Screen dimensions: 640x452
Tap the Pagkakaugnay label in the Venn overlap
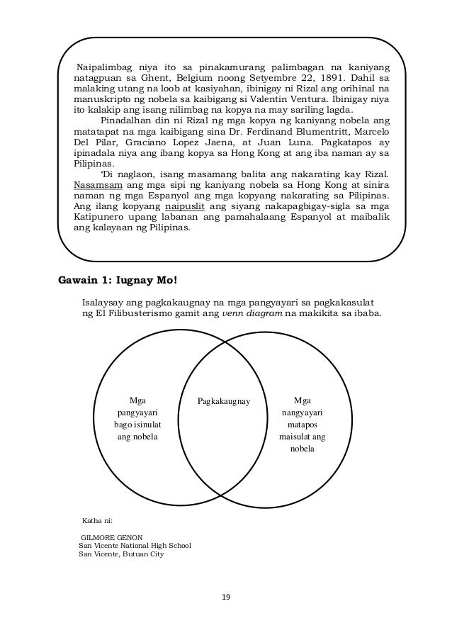click(224, 400)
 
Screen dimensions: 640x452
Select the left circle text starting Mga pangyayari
click(138, 418)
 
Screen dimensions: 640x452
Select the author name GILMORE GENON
click(112, 537)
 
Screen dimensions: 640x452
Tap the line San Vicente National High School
click(134, 546)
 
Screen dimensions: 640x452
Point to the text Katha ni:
click(98, 520)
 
